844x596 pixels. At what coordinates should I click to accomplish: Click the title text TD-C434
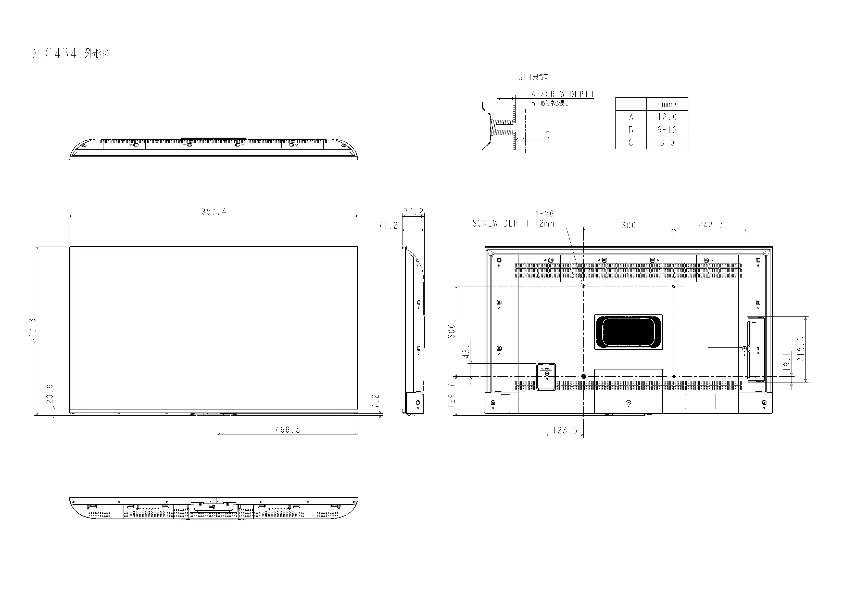coord(49,53)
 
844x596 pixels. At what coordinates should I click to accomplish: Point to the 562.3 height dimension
coord(32,330)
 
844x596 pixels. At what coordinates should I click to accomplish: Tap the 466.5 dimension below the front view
coord(288,430)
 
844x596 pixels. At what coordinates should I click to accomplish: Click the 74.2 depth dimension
coord(413,212)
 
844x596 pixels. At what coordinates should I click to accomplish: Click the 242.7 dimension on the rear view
coord(710,225)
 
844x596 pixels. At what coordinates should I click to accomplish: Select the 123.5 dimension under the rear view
coord(565,430)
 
